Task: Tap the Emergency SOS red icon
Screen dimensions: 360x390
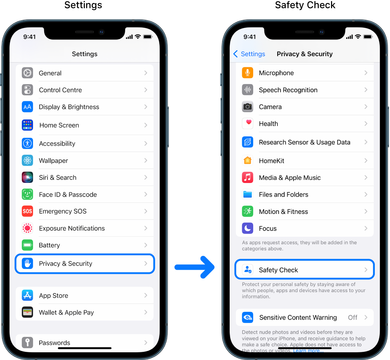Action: [27, 211]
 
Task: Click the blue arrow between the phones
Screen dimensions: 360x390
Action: [195, 267]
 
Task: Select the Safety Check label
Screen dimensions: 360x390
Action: [278, 270]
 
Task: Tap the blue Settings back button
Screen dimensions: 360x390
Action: [249, 54]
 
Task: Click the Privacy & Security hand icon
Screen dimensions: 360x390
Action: [27, 264]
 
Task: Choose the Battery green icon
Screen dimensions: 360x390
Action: [27, 245]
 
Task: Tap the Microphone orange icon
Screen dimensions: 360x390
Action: [248, 73]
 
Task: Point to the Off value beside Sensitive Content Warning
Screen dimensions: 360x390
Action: [352, 318]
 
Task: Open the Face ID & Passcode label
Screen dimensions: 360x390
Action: [68, 195]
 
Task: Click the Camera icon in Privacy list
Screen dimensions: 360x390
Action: [248, 107]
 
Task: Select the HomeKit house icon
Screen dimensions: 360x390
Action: [248, 161]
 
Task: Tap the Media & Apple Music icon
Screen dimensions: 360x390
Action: [248, 178]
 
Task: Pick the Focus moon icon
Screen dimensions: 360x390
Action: [248, 228]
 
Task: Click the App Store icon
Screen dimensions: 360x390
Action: [27, 296]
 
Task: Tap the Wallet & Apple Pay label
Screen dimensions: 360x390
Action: [66, 312]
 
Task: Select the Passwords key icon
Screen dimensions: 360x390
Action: [27, 343]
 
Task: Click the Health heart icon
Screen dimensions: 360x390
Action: [248, 123]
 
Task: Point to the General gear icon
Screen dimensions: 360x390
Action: [27, 73]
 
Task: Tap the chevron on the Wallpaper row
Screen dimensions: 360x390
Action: [146, 161]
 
